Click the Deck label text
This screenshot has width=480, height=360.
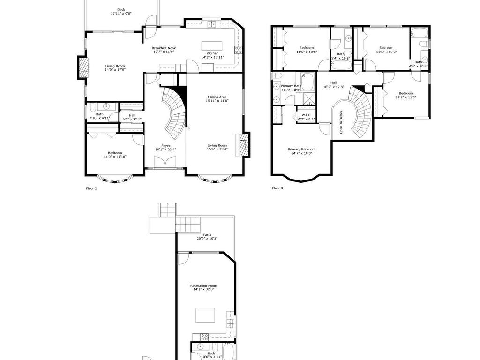pos(121,9)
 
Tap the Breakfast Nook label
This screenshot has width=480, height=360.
pos(164,48)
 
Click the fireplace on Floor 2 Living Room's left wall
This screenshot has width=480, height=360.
pos(83,67)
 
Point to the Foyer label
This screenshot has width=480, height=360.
pos(166,146)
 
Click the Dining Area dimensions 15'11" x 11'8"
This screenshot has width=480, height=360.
pos(217,101)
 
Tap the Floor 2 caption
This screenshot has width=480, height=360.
pos(91,188)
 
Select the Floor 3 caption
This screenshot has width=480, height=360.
pos(277,188)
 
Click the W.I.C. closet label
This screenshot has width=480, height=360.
pos(307,115)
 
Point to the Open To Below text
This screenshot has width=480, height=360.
pos(341,122)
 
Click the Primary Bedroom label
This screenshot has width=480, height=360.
pos(301,149)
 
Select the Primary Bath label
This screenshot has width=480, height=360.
pos(291,86)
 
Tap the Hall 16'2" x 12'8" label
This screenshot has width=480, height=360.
pos(333,83)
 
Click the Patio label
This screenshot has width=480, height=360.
pos(207,235)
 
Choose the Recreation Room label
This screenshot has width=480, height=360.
pos(203,285)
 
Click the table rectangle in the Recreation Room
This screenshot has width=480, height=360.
pos(205,315)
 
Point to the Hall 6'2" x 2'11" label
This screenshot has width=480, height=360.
pos(132,115)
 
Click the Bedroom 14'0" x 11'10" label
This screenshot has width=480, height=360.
pos(115,153)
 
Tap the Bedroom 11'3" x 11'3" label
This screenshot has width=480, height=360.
pos(405,93)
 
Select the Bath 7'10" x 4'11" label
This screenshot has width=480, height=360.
pos(99,114)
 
